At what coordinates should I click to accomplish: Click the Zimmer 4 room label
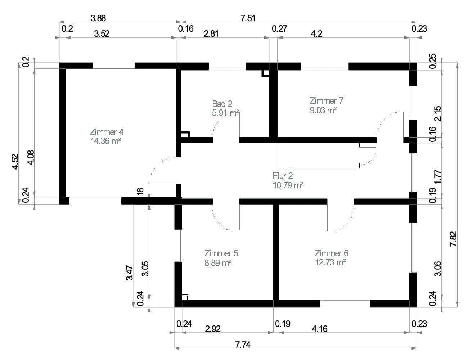tap(107, 132)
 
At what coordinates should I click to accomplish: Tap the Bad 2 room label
tap(222, 104)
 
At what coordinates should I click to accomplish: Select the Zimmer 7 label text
tap(327, 101)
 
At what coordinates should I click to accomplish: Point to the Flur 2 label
tap(283, 176)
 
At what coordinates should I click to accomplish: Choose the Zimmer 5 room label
tap(221, 253)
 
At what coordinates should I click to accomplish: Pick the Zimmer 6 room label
tap(331, 253)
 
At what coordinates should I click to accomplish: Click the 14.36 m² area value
tap(105, 141)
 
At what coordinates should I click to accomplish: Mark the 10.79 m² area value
tap(288, 185)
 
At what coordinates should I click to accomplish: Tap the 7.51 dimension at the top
tap(248, 18)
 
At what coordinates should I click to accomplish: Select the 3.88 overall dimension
tap(98, 18)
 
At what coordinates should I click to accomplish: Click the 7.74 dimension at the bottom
tap(243, 345)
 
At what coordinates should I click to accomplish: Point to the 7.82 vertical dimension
tap(454, 239)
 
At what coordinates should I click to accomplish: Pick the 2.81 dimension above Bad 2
tap(211, 34)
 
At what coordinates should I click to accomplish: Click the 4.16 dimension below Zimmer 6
tap(319, 329)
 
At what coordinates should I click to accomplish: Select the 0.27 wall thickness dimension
tap(279, 29)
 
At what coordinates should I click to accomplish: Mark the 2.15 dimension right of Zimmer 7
tap(437, 114)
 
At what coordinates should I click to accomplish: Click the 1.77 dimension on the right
tap(437, 177)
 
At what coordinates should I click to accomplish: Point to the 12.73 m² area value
tap(330, 262)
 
